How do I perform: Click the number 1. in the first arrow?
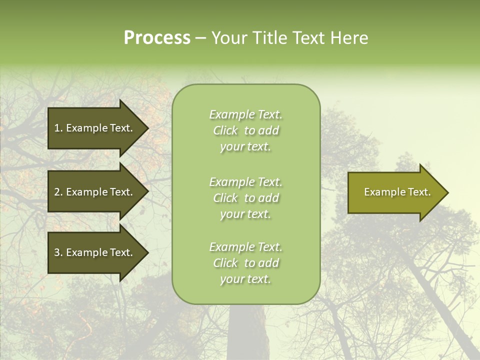tap(58, 128)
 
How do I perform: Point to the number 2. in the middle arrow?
tap(58, 192)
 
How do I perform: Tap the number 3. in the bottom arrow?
tap(58, 253)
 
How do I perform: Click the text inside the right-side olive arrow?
tap(397, 192)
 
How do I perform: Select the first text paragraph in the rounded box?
tap(245, 130)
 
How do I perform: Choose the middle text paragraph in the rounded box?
tap(245, 198)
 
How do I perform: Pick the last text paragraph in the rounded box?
tap(245, 263)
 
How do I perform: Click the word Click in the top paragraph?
tap(225, 131)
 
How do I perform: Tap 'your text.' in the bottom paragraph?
tap(245, 279)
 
